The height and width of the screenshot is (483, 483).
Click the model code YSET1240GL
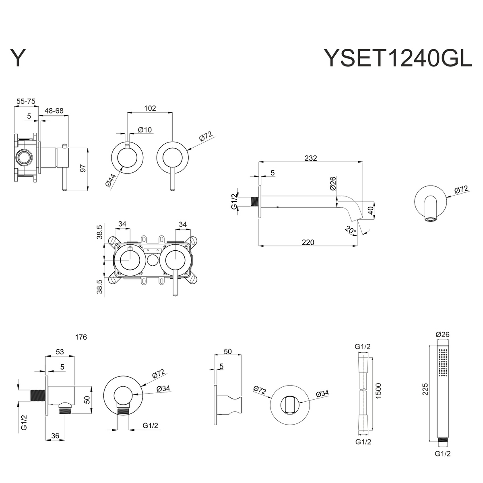398,58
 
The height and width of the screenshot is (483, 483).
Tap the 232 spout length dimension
311,158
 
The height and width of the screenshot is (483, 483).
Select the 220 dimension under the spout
308,242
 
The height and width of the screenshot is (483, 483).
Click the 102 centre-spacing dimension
150,108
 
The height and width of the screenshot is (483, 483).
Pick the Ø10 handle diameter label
144,130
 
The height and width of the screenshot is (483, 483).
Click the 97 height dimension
83,168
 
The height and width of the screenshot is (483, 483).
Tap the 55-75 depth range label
26,102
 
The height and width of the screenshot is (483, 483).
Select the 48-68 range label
54,111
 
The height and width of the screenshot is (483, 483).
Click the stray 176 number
81,337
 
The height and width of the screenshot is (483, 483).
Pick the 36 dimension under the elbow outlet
56,436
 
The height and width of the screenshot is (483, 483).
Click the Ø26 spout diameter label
332,183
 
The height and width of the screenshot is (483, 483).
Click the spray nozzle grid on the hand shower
444,362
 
